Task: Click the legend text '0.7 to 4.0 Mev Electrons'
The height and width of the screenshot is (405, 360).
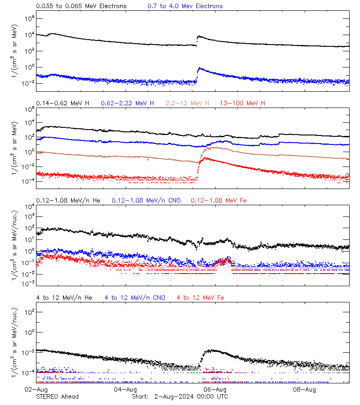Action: pos(185,6)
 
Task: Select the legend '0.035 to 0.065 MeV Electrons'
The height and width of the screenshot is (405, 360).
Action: pos(81,6)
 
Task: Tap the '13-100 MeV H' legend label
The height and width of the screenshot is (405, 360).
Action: pos(243,103)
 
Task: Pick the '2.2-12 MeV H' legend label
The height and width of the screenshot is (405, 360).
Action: pos(188,103)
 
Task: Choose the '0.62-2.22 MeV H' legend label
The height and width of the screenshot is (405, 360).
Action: pos(127,103)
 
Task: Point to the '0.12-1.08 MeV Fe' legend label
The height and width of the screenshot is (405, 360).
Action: pos(219,200)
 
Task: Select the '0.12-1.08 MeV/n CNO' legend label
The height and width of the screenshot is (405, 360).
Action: pos(146,200)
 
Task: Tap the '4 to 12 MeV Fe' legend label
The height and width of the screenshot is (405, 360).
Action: pos(200,297)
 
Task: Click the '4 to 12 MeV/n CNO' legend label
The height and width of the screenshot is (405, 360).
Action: pos(135,297)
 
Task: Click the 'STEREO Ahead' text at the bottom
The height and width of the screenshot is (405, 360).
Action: pos(57,396)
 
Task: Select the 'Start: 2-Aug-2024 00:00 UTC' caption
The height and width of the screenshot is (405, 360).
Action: pos(180,396)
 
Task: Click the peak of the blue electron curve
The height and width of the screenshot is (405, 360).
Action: pos(199,68)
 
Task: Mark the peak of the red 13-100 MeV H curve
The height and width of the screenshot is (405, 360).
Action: pos(205,158)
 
